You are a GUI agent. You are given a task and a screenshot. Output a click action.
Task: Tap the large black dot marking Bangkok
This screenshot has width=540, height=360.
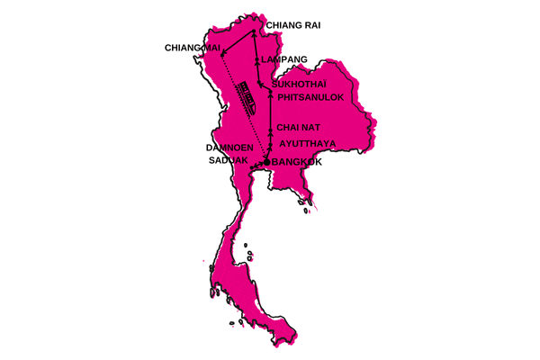266,162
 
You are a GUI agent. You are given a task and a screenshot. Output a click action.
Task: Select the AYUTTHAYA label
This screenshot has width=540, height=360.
309,142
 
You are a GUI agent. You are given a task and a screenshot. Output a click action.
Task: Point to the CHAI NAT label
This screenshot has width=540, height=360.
297,127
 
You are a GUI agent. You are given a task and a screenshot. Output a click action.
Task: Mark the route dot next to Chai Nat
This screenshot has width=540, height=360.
270,127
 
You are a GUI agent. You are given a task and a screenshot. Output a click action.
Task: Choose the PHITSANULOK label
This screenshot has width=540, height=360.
310,99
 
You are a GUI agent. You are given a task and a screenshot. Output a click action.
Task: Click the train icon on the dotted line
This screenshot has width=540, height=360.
247,94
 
